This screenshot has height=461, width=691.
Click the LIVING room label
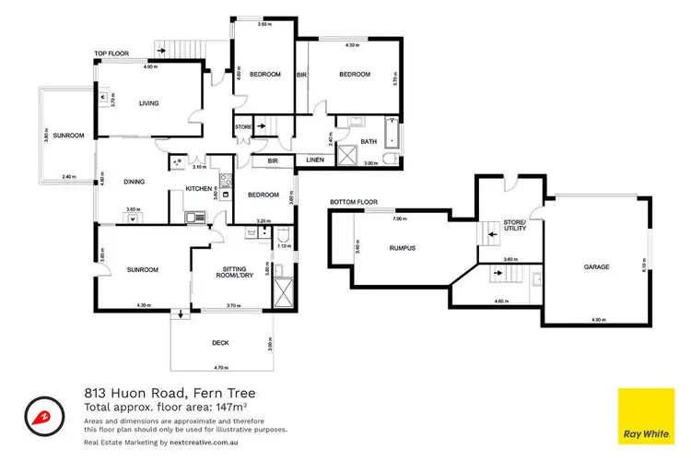click(149, 103)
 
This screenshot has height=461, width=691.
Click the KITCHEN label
click(198, 188)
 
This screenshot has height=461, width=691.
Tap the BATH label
click(369, 141)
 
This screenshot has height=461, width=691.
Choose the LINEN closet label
click(314, 160)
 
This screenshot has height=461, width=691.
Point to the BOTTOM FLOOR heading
click(354, 201)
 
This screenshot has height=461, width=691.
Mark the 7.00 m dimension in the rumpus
click(399, 219)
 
